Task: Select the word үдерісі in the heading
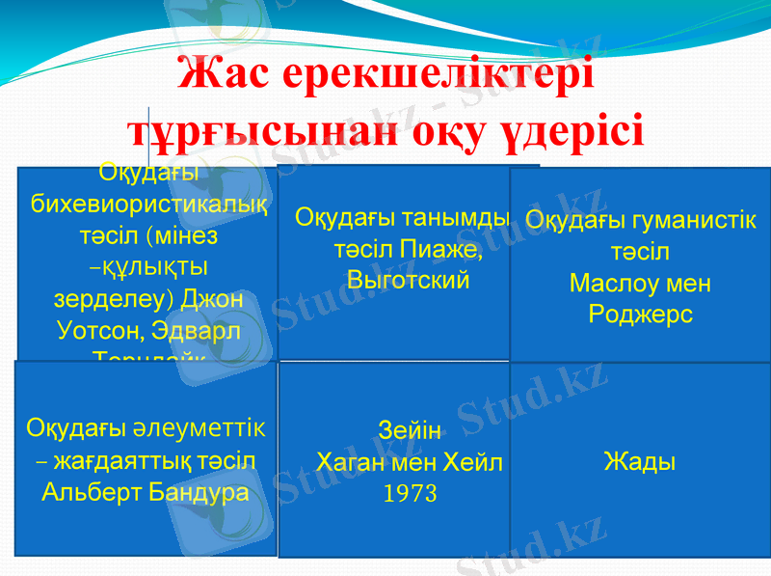(x=569, y=132)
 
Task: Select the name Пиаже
(x=445, y=249)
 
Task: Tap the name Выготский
(x=408, y=281)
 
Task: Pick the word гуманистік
(x=692, y=220)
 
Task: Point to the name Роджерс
(x=640, y=315)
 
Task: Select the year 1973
(x=411, y=494)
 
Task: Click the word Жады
(x=639, y=461)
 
